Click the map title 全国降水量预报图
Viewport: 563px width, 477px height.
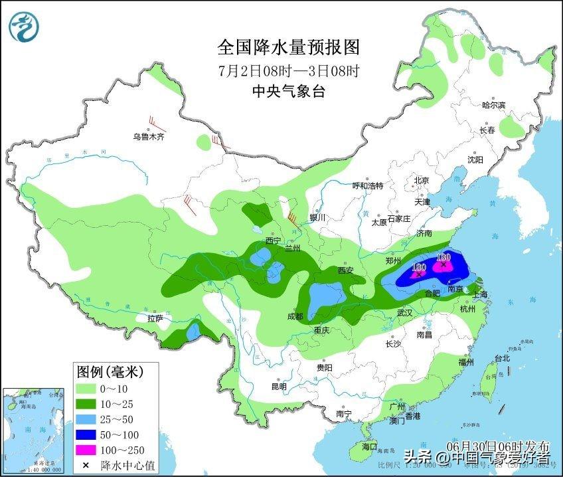click(x=288, y=47)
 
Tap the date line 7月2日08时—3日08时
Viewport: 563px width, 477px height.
click(x=288, y=70)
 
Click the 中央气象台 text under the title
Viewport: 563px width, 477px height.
click(x=288, y=92)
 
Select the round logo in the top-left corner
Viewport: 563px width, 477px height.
click(x=24, y=26)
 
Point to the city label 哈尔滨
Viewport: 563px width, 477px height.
click(x=493, y=105)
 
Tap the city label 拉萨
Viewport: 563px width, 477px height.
click(x=155, y=318)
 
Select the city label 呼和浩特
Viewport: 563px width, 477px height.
click(x=367, y=186)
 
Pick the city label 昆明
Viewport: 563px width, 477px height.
click(x=279, y=387)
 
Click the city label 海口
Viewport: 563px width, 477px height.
click(x=368, y=446)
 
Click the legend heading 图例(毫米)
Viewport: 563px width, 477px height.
click(x=110, y=370)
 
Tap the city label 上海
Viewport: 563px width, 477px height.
click(x=479, y=294)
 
